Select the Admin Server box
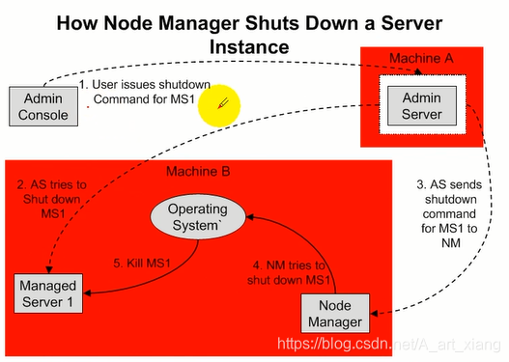(x=422, y=104)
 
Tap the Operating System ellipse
(x=197, y=217)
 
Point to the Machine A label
(x=420, y=59)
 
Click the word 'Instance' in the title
(x=254, y=44)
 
